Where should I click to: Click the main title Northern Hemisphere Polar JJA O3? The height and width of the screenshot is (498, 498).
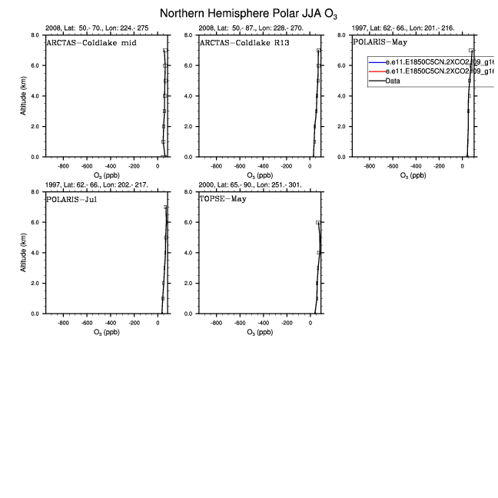249,15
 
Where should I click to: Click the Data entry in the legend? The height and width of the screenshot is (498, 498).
393,81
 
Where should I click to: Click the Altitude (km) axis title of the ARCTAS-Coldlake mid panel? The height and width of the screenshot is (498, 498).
24,96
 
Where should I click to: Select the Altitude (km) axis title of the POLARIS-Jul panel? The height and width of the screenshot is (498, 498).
24,254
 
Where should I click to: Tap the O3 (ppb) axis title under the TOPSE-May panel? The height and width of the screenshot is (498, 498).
261,333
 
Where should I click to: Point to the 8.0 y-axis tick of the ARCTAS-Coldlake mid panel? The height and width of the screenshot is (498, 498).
35,35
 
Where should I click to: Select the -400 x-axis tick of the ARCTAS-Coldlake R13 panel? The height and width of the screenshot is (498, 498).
264,165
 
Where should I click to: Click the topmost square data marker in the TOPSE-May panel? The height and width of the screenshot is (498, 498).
317,222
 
